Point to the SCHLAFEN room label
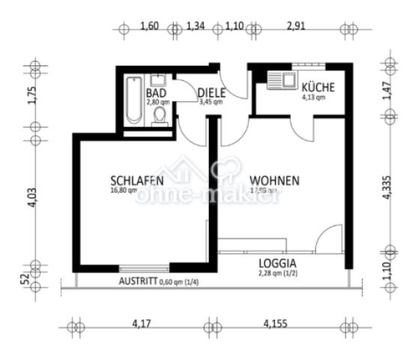(x=137, y=181)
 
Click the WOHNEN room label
(x=275, y=181)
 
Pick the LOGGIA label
(x=278, y=263)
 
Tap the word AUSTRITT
(x=137, y=281)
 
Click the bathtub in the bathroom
(x=134, y=100)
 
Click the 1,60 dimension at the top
(x=150, y=28)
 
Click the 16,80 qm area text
(x=124, y=190)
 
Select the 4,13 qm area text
(x=313, y=97)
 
